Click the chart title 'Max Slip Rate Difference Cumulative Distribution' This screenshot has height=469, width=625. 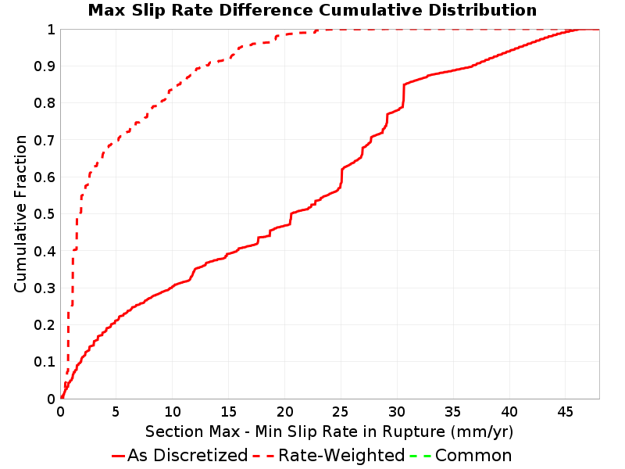click(x=312, y=10)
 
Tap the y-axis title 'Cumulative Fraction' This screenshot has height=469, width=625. click(x=20, y=213)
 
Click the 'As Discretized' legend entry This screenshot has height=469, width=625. click(x=180, y=456)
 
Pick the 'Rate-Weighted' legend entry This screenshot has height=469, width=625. click(x=329, y=456)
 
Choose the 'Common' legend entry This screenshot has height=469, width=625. click(x=461, y=456)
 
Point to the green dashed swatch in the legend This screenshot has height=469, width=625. click(x=420, y=456)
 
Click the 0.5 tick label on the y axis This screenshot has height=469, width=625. click(x=45, y=214)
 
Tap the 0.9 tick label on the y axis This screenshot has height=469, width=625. click(x=45, y=66)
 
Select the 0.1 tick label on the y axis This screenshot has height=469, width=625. click(x=45, y=362)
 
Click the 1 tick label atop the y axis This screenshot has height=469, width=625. click(x=51, y=30)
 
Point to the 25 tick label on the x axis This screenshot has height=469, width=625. click(x=341, y=411)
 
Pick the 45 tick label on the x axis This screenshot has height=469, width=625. click(x=565, y=411)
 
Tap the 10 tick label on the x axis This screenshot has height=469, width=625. click(x=172, y=411)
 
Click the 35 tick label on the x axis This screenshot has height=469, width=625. click(x=453, y=411)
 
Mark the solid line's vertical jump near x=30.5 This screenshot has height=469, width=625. click(x=403, y=95)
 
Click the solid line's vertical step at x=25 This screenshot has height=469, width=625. click(x=341, y=177)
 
